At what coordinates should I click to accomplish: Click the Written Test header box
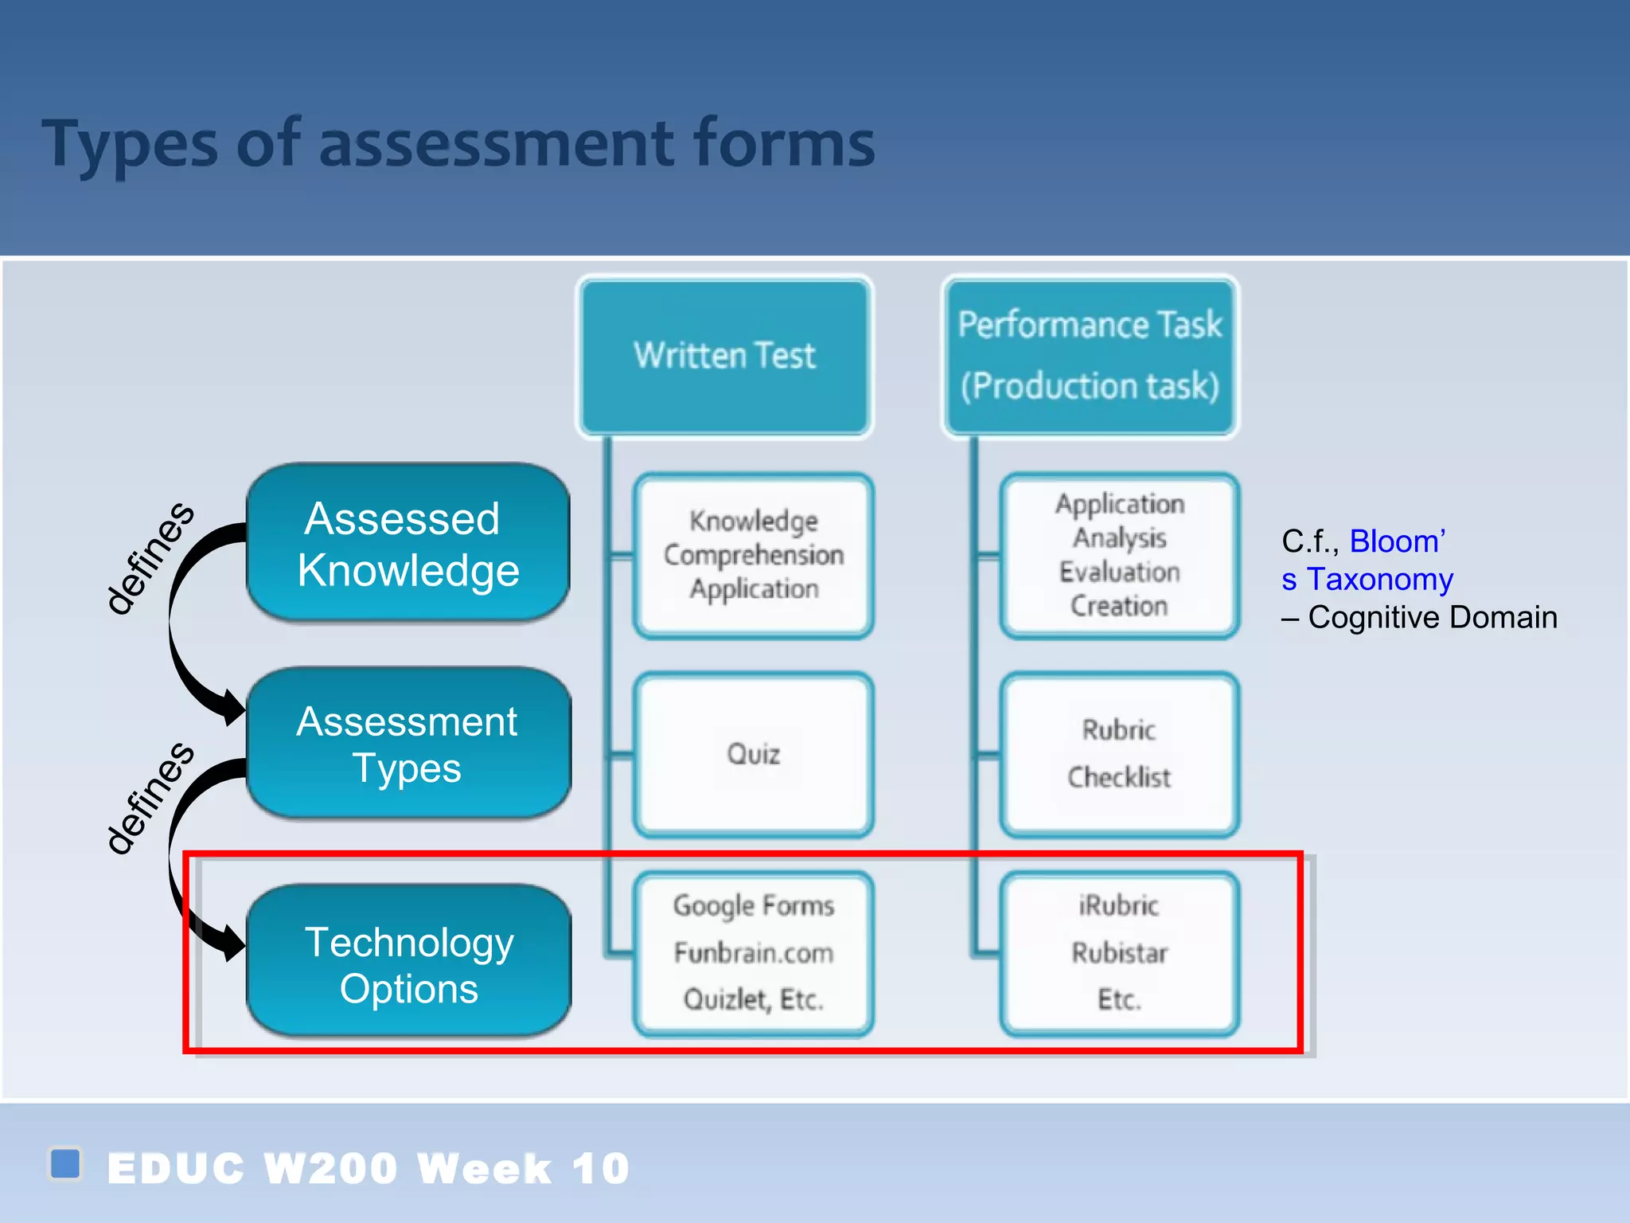click(x=724, y=355)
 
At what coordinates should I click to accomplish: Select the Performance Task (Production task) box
click(x=1090, y=355)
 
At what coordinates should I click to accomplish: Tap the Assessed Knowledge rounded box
click(x=408, y=544)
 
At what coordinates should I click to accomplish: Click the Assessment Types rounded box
click(x=408, y=744)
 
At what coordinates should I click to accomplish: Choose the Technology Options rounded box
click(x=408, y=964)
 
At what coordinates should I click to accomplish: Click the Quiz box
click(x=753, y=754)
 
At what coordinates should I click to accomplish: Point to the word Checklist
click(x=1119, y=777)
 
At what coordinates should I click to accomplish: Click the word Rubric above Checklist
click(x=1119, y=729)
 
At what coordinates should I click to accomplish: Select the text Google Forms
click(x=753, y=905)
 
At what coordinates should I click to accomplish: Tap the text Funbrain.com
click(x=753, y=952)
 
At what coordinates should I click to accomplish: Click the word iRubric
click(x=1119, y=905)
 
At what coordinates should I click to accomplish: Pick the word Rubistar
click(x=1119, y=952)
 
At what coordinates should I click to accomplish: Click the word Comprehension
click(x=753, y=555)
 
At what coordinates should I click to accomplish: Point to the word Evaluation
click(x=1119, y=572)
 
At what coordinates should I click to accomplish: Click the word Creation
click(x=1119, y=606)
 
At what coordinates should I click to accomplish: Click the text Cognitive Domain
click(x=1433, y=618)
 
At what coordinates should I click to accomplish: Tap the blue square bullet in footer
click(x=65, y=1163)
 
